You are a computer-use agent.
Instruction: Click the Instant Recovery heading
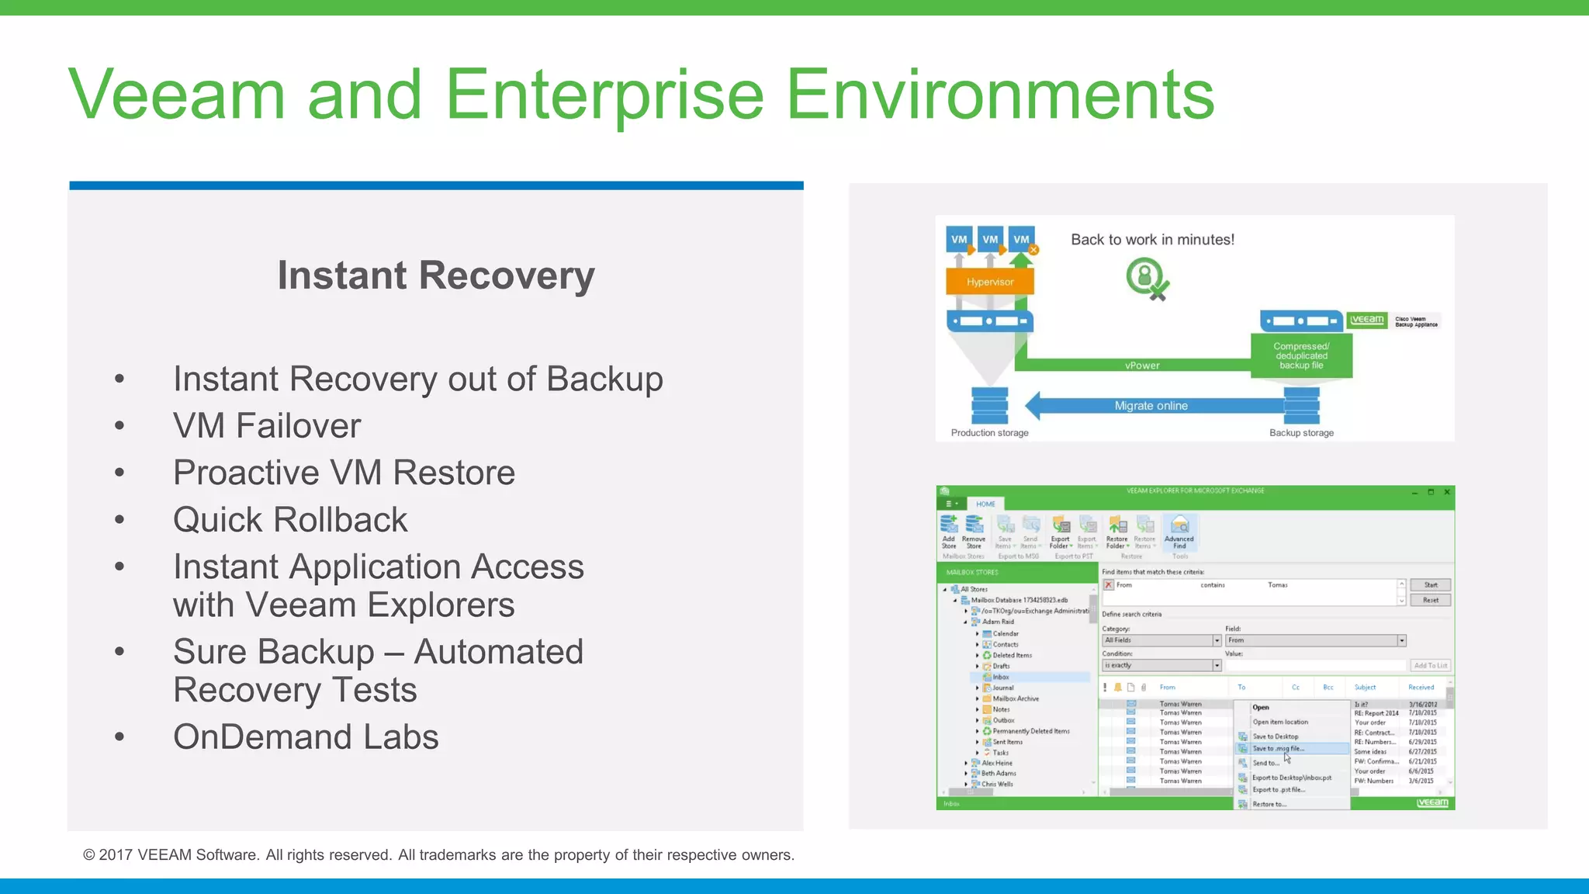pyautogui.click(x=436, y=275)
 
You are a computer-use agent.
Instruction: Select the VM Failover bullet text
pyautogui.click(x=267, y=426)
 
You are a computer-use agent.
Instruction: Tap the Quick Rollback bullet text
pyautogui.click(x=290, y=520)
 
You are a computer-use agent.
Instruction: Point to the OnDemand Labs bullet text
pyautogui.click(x=306, y=737)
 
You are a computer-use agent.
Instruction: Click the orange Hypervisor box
pyautogui.click(x=989, y=282)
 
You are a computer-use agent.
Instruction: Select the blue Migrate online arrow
pyautogui.click(x=1151, y=406)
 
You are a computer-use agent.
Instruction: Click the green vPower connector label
pyautogui.click(x=1142, y=366)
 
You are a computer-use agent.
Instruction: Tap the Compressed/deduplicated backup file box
pyautogui.click(x=1301, y=355)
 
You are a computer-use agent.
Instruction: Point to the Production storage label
pyautogui.click(x=989, y=433)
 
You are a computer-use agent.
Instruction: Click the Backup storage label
pyautogui.click(x=1301, y=433)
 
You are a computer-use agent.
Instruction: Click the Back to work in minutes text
pyautogui.click(x=1152, y=240)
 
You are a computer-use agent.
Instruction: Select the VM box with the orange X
pyautogui.click(x=1022, y=240)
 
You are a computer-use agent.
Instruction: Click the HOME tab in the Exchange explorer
pyautogui.click(x=985, y=504)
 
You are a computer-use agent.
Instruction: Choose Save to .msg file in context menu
pyautogui.click(x=1278, y=749)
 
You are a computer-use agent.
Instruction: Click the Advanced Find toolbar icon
pyautogui.click(x=1179, y=531)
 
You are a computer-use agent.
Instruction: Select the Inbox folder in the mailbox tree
pyautogui.click(x=1001, y=677)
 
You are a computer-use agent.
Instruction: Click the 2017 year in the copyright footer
pyautogui.click(x=116, y=855)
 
